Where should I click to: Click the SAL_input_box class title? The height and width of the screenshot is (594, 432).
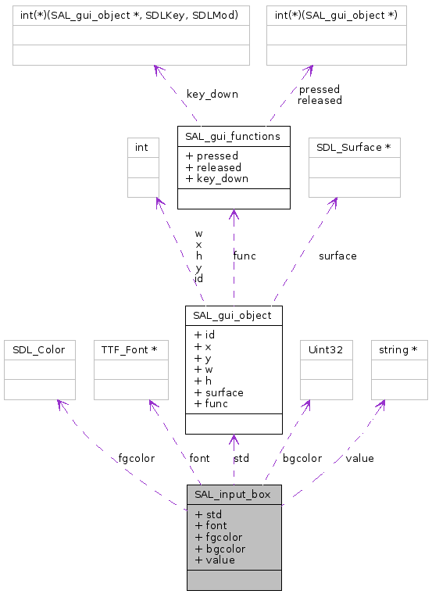(x=234, y=494)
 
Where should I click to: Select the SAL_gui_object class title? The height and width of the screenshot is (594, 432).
(x=234, y=315)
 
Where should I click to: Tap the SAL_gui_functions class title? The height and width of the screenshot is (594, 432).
(x=233, y=136)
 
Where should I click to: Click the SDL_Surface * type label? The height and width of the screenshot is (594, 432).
(x=354, y=147)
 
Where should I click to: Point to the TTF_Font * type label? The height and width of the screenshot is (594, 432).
(x=130, y=349)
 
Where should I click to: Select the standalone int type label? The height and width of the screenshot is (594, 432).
(x=142, y=147)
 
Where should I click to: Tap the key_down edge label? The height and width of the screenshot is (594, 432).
(x=212, y=94)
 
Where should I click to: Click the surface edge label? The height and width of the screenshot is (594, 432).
(x=337, y=256)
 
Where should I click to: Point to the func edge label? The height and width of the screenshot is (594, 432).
(x=244, y=256)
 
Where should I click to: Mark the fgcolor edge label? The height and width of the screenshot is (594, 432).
(x=136, y=458)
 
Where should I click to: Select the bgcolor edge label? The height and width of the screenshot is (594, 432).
(x=302, y=458)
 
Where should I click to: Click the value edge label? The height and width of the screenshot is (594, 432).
(x=359, y=458)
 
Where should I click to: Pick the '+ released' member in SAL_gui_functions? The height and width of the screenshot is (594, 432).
(x=213, y=167)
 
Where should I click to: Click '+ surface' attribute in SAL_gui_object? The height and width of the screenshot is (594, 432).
(x=218, y=392)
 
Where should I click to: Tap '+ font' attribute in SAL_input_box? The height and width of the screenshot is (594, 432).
(x=211, y=526)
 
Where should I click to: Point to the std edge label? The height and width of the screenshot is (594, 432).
(x=241, y=458)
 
